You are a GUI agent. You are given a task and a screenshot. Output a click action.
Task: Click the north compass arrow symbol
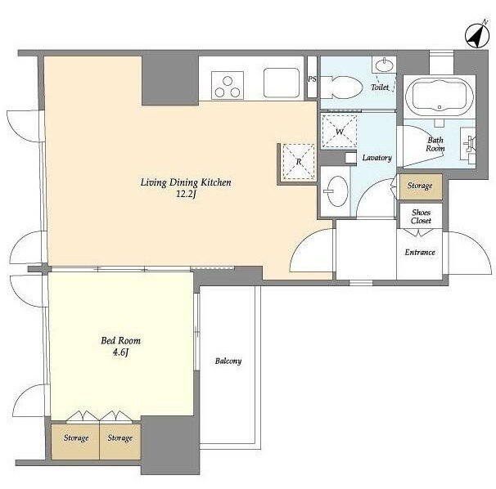[x=477, y=35]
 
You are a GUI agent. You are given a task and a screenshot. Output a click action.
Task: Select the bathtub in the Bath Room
[x=440, y=97]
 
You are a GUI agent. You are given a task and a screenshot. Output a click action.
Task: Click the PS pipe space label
[x=312, y=79]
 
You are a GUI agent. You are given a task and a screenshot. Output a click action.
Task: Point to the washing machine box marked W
[x=340, y=131]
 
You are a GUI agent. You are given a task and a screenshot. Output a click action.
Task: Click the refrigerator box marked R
[x=299, y=162]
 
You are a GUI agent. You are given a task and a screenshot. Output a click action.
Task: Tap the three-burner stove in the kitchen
[x=228, y=85]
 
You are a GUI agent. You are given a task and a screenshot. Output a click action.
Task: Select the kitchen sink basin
[x=282, y=83]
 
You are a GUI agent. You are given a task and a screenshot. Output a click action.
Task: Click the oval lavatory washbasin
[x=337, y=191]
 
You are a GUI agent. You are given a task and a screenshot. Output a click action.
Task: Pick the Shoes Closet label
[x=421, y=217]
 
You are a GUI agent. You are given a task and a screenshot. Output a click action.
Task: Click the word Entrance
[x=420, y=252]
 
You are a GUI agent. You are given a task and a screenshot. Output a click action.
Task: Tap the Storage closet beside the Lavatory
[x=421, y=186]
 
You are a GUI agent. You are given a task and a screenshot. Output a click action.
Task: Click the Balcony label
[x=228, y=361]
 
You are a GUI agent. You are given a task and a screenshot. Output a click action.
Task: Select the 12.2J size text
[x=186, y=194]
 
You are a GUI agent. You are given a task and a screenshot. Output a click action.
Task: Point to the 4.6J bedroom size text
[x=120, y=352]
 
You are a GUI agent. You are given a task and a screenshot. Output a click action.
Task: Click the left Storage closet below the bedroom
[x=75, y=442]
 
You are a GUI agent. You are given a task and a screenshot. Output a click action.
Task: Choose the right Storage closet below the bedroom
[x=120, y=442]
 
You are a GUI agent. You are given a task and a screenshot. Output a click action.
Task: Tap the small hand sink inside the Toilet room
[x=385, y=65]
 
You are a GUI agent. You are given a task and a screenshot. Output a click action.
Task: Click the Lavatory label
[x=377, y=158]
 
